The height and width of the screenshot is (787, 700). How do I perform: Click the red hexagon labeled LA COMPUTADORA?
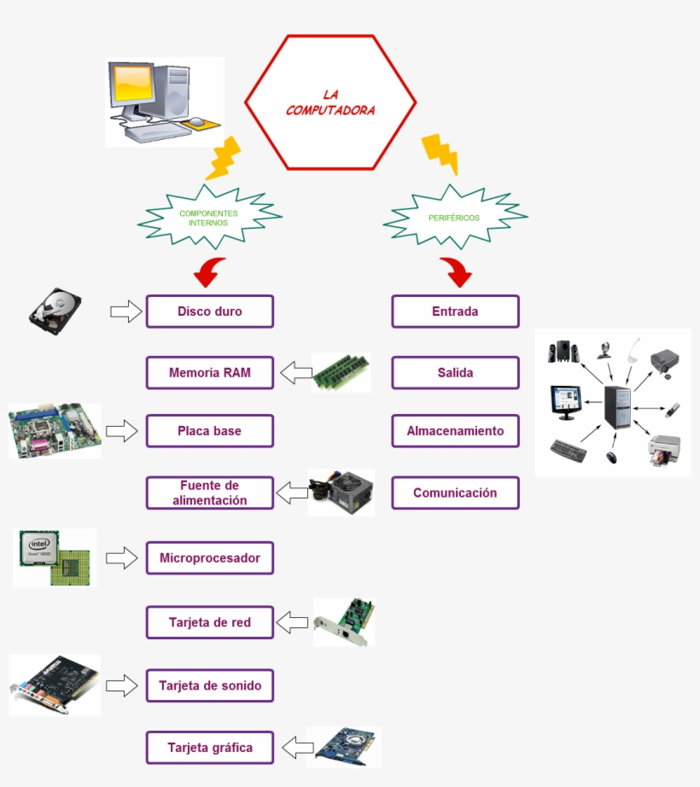pyautogui.click(x=330, y=102)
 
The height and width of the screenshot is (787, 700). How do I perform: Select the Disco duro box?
pyautogui.click(x=209, y=312)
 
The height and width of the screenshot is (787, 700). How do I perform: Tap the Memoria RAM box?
pyautogui.click(x=209, y=373)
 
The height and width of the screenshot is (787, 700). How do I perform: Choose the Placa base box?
pyautogui.click(x=209, y=431)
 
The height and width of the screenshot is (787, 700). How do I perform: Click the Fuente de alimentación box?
pyautogui.click(x=209, y=493)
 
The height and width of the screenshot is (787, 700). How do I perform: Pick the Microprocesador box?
pyautogui.click(x=209, y=558)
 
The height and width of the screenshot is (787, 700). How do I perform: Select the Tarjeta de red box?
pyautogui.click(x=209, y=622)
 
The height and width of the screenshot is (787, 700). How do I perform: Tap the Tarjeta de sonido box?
pyautogui.click(x=209, y=685)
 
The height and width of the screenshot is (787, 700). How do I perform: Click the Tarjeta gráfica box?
pyautogui.click(x=209, y=748)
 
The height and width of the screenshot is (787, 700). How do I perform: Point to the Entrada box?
pyautogui.click(x=455, y=312)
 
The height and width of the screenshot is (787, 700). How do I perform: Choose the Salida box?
pyautogui.click(x=455, y=373)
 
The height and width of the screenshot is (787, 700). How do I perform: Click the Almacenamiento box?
pyautogui.click(x=455, y=431)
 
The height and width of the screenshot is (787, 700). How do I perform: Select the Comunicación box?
pyautogui.click(x=455, y=493)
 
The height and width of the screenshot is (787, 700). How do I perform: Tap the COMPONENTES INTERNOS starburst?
pyautogui.click(x=208, y=218)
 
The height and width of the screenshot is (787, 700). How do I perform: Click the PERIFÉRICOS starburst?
pyautogui.click(x=454, y=218)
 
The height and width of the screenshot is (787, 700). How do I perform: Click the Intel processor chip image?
pyautogui.click(x=53, y=557)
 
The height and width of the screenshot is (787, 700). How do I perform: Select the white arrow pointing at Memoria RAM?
pyautogui.click(x=295, y=373)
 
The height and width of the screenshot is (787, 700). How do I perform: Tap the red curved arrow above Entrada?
pyautogui.click(x=457, y=272)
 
